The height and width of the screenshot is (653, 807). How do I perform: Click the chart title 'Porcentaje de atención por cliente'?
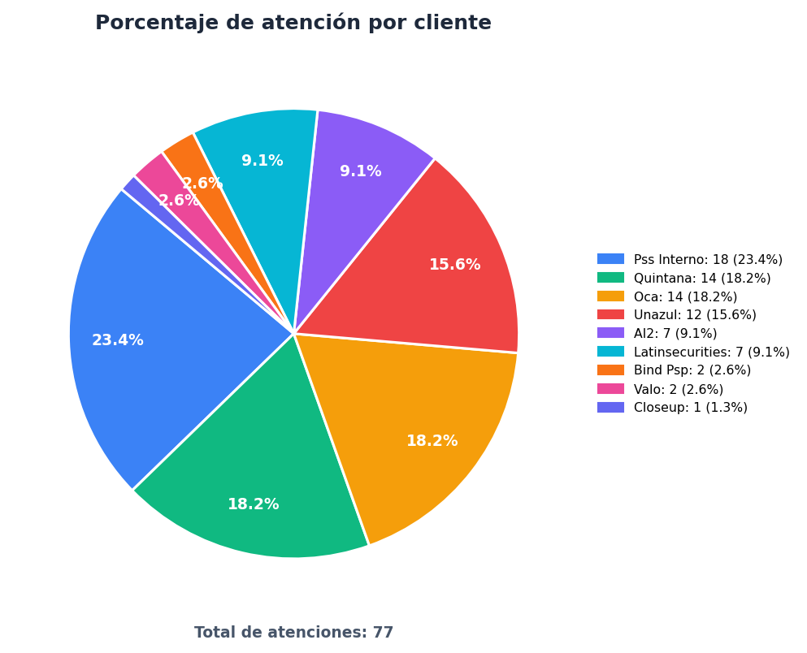[x=293, y=23]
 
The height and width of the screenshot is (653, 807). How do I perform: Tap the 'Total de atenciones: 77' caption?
[x=293, y=633]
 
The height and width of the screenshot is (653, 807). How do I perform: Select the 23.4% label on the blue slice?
[x=117, y=340]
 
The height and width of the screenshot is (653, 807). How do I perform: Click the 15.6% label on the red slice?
[x=454, y=265]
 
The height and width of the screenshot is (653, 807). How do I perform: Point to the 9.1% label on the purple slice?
[x=360, y=171]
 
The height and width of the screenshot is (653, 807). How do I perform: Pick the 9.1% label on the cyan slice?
[x=262, y=161]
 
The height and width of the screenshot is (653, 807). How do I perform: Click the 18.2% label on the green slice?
[x=254, y=504]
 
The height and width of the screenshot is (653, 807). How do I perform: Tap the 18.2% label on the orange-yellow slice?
[x=432, y=441]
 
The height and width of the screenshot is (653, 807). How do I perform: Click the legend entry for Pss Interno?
[x=690, y=259]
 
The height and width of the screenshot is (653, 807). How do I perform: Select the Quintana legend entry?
[x=684, y=278]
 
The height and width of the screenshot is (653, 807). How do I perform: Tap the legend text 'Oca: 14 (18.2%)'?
[x=685, y=296]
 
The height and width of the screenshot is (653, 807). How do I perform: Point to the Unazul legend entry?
[x=677, y=314]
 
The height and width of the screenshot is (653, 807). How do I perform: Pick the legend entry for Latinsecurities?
[x=693, y=352]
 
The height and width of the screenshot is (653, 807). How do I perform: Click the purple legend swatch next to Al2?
[x=610, y=333]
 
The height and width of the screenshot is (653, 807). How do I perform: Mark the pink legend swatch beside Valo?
[x=610, y=389]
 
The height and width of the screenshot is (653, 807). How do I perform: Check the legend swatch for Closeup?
[x=610, y=407]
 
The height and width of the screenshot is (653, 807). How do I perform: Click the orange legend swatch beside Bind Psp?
[x=610, y=370]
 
